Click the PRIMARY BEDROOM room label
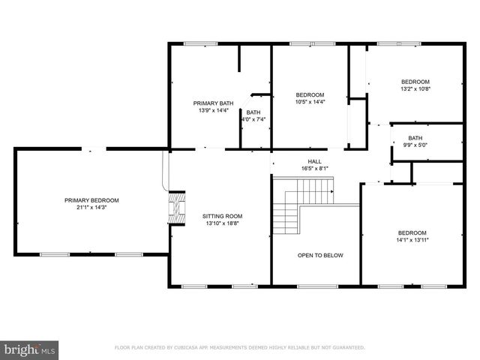[x=91, y=200]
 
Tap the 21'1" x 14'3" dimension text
[x=91, y=208]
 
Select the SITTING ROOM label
[x=223, y=216]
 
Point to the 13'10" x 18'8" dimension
[x=223, y=223]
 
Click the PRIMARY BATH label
[x=214, y=103]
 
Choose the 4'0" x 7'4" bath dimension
[x=253, y=119]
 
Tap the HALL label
[x=315, y=161]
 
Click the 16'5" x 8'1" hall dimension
[x=315, y=169]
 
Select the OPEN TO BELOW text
[x=320, y=256]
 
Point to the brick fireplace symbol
[x=175, y=208]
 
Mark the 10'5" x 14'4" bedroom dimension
[x=310, y=101]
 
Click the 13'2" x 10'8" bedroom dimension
[x=415, y=89]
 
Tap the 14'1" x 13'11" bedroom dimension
[x=412, y=240]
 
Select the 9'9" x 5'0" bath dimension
[x=415, y=145]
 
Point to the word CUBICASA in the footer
[x=199, y=348]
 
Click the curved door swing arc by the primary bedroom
[x=166, y=173]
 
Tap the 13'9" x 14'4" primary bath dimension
[x=214, y=110]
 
